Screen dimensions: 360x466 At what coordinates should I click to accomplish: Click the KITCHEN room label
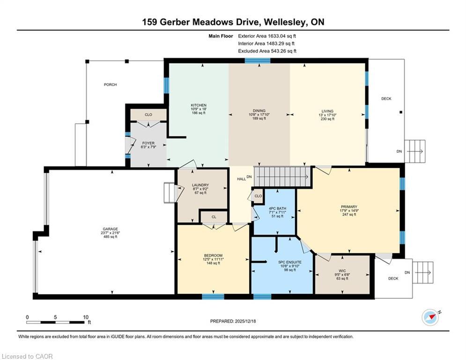click(199, 105)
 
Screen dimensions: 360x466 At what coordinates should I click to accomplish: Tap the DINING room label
click(259, 111)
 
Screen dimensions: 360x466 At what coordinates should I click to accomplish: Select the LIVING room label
click(327, 111)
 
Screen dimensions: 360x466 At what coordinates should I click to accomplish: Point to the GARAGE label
click(111, 229)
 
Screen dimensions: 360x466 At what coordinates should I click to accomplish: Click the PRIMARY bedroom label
click(349, 207)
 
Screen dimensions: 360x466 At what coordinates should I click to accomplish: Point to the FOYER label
click(148, 143)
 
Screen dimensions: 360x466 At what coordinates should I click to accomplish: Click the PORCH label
click(111, 85)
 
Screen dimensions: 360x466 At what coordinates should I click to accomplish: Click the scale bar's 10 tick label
click(86, 317)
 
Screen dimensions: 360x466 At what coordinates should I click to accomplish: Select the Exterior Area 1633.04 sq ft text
click(267, 36)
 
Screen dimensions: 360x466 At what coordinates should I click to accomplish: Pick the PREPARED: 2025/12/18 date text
click(233, 321)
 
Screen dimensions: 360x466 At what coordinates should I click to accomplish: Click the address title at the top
click(233, 22)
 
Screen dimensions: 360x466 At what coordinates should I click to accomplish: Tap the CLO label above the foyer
click(148, 114)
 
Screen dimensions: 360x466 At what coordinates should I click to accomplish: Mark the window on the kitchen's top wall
click(257, 60)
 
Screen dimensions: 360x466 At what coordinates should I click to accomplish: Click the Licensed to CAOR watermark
click(27, 356)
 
